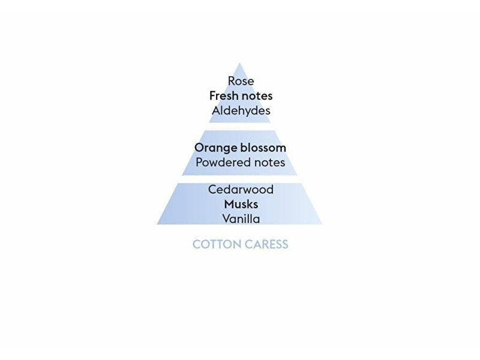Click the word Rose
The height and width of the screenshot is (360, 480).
pos(241,81)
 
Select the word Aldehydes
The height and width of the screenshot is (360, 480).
pos(241,110)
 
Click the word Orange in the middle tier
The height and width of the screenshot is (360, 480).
pos(216,148)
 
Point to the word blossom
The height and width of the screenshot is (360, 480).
pos(263,148)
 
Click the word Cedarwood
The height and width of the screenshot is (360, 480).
pos(241,190)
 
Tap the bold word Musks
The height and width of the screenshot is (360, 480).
pos(241,204)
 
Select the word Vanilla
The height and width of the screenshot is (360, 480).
pos(241,219)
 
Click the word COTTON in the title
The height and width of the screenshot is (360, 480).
pos(217,244)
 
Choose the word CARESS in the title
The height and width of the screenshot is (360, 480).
pos(266,244)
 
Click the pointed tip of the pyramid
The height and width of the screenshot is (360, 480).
pos(239,63)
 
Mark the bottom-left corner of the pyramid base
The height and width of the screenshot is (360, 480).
pos(157,224)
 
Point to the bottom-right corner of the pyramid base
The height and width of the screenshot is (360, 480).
pos(322,224)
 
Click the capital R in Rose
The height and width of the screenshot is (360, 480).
pos(232,81)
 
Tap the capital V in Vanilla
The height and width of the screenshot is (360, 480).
pos(227,219)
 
